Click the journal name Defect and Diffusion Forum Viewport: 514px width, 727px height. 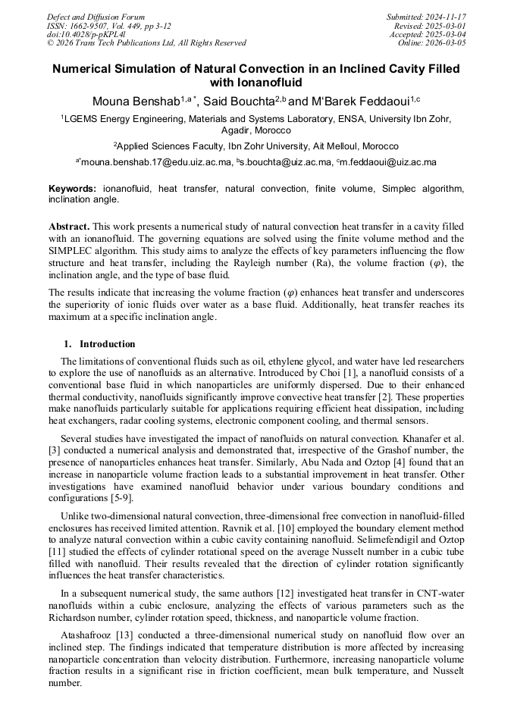click(96, 17)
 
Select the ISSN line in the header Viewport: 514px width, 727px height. click(109, 26)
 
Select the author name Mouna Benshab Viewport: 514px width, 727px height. click(135, 102)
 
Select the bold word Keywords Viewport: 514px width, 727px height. click(72, 188)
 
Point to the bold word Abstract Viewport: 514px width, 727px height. click(70, 227)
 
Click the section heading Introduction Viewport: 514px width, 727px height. click(108, 344)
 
